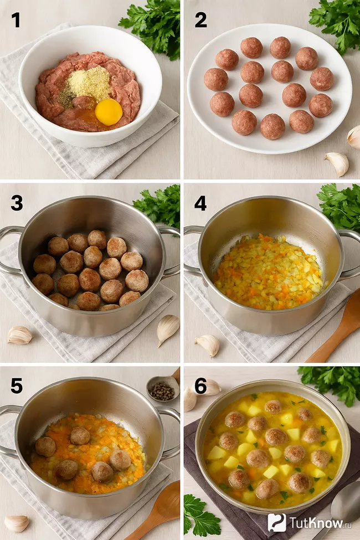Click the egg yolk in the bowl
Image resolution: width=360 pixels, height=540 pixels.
click(x=109, y=112)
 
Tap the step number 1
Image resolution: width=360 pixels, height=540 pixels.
click(x=16, y=20)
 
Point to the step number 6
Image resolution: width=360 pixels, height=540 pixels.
click(x=200, y=386)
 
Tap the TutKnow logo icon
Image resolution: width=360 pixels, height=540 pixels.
click(x=276, y=522)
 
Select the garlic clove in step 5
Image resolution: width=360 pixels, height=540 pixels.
click(x=16, y=523)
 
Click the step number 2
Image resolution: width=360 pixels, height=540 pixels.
click(x=200, y=20)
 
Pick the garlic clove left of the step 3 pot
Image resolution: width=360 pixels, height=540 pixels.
click(x=19, y=335)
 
